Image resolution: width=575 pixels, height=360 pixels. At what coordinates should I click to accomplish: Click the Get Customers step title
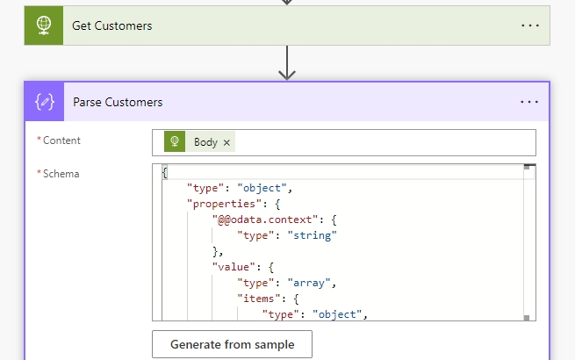(111, 25)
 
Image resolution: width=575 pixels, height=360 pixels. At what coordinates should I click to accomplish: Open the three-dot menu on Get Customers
(530, 25)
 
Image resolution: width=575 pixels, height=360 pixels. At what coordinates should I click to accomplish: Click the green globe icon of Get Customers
(44, 25)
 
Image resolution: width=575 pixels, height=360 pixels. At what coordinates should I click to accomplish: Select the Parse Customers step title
(118, 102)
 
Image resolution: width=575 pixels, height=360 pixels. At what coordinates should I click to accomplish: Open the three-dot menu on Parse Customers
(529, 102)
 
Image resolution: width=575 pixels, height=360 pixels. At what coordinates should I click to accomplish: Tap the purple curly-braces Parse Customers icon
(45, 102)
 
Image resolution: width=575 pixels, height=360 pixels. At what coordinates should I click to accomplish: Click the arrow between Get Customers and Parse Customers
(287, 62)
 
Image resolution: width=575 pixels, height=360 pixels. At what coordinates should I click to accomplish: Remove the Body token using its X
(226, 142)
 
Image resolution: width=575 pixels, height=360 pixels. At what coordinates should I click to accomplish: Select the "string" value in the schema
(312, 235)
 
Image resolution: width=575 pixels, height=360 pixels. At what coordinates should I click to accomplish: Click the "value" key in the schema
(234, 267)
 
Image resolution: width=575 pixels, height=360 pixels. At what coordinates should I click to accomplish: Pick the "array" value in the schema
(309, 283)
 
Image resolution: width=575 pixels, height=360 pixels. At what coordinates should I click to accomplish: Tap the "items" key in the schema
(258, 299)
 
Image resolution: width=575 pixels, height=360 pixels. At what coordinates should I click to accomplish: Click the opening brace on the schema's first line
(165, 172)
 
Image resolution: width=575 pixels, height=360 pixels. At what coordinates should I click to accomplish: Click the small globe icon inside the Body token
(175, 141)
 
